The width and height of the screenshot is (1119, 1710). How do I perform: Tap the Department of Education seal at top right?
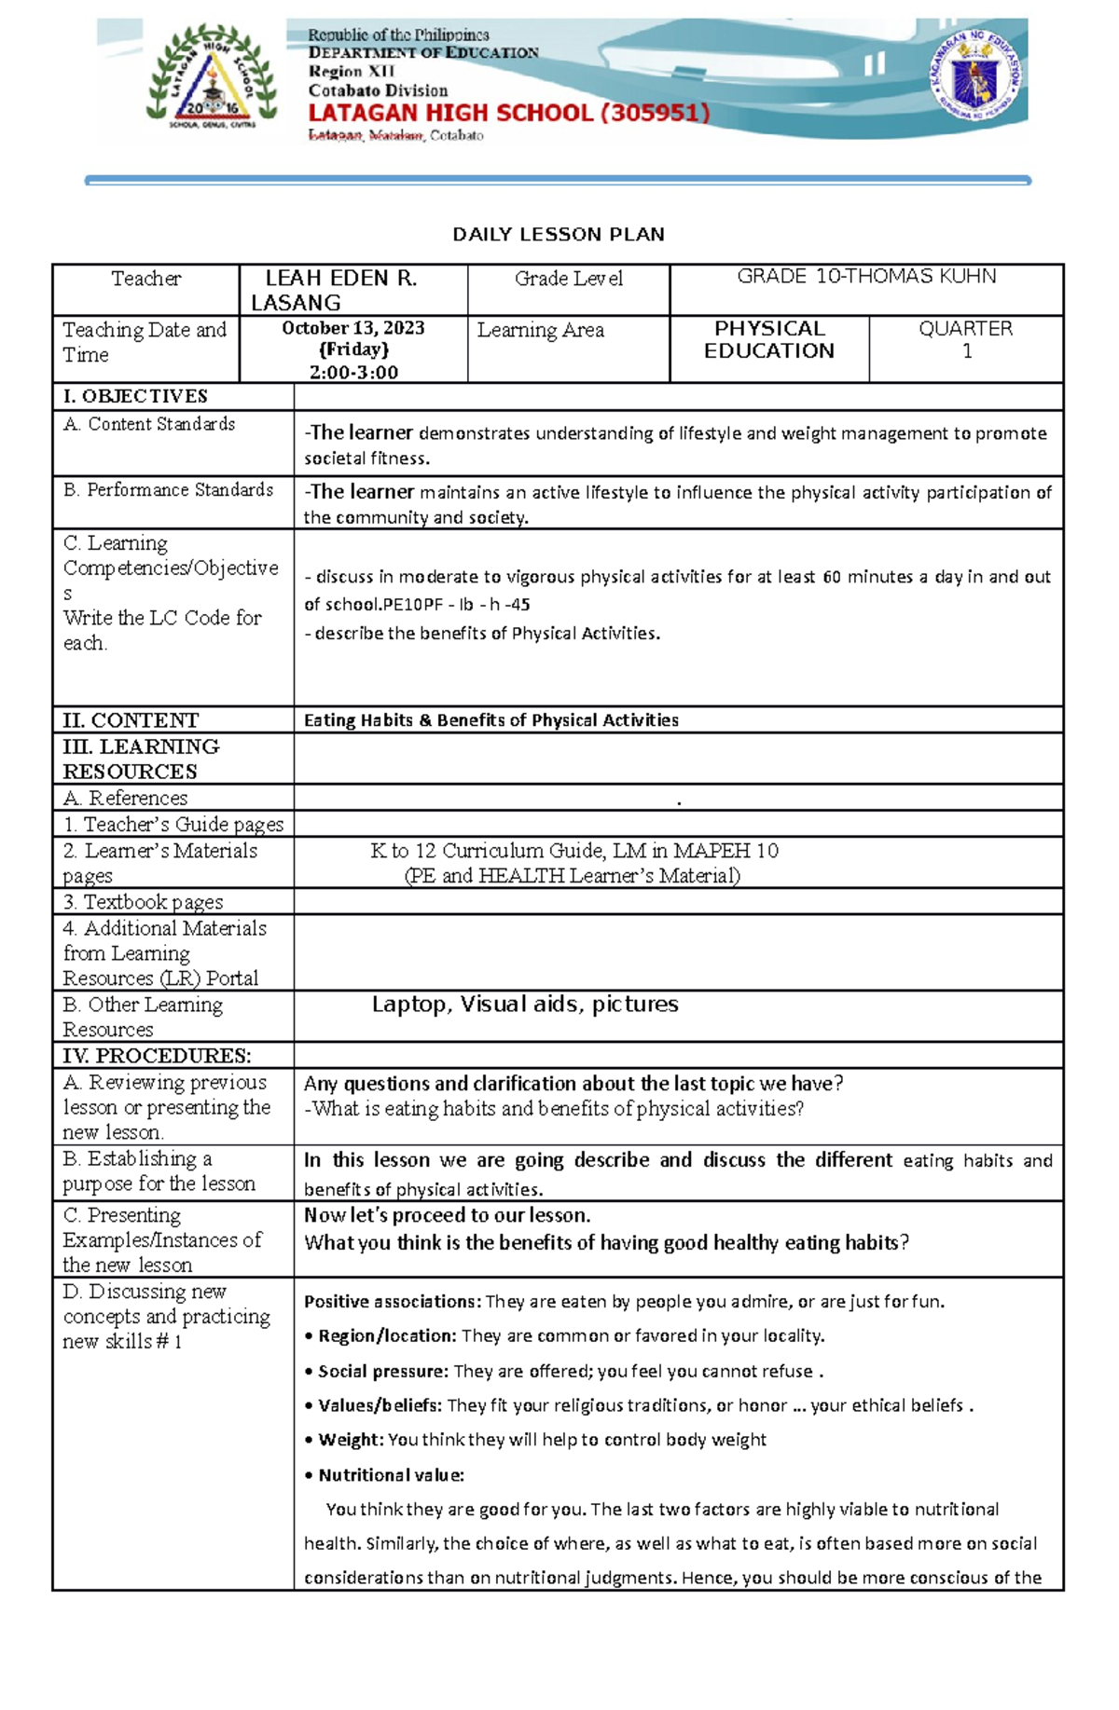point(976,75)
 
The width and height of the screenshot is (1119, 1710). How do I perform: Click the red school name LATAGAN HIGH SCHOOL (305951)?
point(509,114)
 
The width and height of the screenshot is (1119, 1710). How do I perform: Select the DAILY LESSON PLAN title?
point(559,235)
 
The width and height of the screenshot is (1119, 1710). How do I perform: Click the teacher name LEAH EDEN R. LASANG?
point(341,290)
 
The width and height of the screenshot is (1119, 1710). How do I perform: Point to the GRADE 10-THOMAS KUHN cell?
point(866,277)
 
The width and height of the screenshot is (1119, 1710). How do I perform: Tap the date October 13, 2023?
point(353,328)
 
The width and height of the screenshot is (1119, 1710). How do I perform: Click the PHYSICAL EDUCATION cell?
point(769,340)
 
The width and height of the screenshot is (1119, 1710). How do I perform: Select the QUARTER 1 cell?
point(966,340)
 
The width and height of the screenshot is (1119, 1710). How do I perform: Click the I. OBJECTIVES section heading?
point(135,396)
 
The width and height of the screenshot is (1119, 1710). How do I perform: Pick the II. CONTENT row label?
point(131,720)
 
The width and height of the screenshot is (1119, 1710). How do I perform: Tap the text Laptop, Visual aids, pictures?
point(525,1005)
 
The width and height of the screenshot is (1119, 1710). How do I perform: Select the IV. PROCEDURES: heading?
point(157,1056)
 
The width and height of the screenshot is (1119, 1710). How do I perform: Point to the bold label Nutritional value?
point(391,1475)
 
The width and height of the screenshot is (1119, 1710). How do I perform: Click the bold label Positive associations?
point(392,1302)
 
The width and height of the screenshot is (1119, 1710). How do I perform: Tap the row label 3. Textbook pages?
point(144,902)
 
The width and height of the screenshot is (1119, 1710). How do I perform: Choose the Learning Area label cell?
point(541,330)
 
